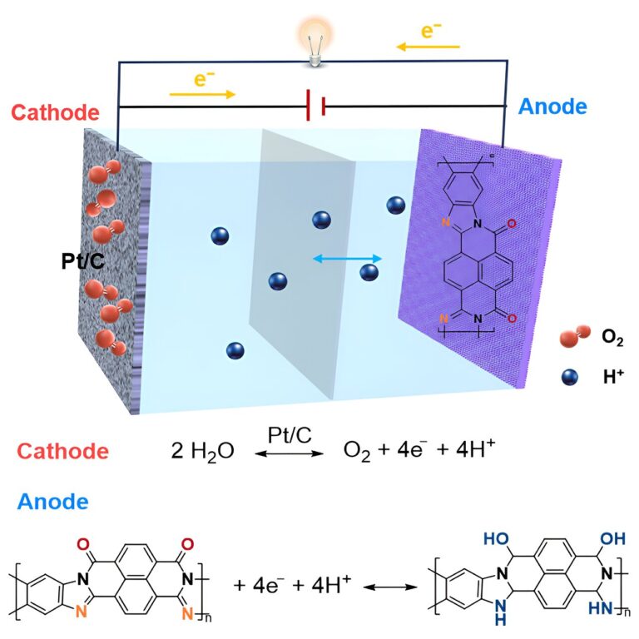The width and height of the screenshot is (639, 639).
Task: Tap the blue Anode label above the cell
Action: tap(552, 106)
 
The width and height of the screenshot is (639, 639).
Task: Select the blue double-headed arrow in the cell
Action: tap(347, 259)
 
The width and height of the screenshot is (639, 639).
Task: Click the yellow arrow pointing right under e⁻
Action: tap(202, 93)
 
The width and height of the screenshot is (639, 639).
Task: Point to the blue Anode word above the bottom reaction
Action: tap(53, 502)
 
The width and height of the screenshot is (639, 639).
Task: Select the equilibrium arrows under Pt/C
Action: tap(287, 453)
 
